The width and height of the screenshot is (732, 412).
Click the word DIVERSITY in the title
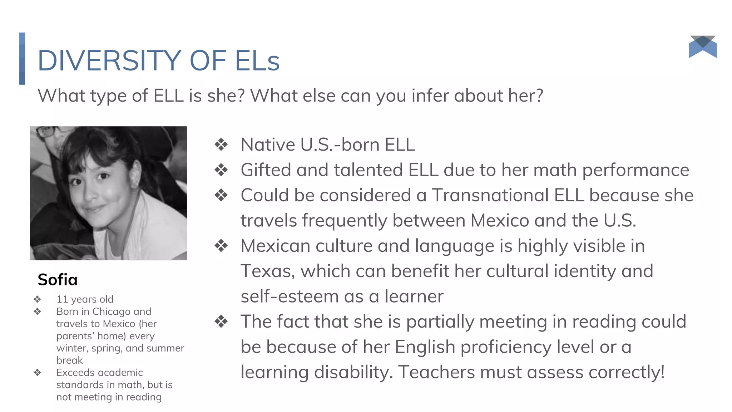109,61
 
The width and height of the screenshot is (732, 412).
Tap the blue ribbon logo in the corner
703,47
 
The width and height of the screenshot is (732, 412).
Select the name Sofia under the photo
58,280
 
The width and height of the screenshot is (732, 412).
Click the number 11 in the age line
62,299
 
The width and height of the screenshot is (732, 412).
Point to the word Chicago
111,312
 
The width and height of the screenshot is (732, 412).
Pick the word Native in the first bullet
268,145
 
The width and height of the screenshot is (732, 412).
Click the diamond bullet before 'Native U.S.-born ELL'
221,145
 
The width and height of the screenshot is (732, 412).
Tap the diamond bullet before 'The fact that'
221,322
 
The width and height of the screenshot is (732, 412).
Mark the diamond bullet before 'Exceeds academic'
38,373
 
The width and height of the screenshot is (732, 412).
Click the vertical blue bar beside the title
22,59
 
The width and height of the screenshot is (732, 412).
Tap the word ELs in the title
257,61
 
